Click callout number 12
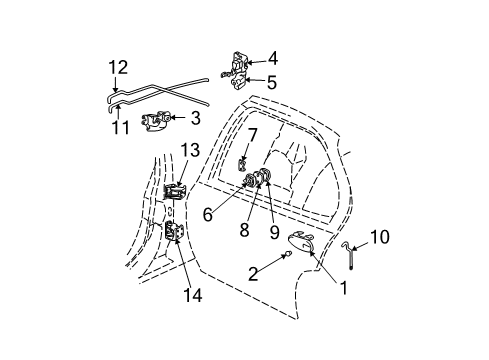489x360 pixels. coord(118,67)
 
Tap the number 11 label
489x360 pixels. coord(120,127)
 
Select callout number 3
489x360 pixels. coord(195,118)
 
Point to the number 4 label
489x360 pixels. coord(273,59)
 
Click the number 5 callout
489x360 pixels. coord(272,82)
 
